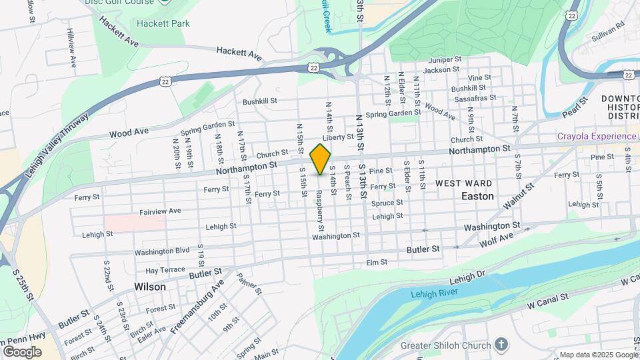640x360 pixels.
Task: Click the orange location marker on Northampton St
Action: [320, 159]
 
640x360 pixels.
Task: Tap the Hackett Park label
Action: [163, 24]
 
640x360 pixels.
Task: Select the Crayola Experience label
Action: [597, 137]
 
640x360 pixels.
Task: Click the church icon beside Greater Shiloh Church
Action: [502, 345]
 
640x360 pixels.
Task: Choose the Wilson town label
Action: [149, 287]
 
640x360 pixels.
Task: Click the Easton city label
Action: [478, 197]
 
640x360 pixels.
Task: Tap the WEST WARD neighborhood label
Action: [464, 183]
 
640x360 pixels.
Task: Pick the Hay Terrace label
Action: [165, 270]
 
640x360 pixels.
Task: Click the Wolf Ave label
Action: [497, 239]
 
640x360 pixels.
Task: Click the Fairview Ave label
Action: [160, 211]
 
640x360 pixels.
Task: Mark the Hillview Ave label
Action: [72, 52]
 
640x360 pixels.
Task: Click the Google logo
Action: [22, 351]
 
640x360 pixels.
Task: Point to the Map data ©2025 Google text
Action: [597, 355]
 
